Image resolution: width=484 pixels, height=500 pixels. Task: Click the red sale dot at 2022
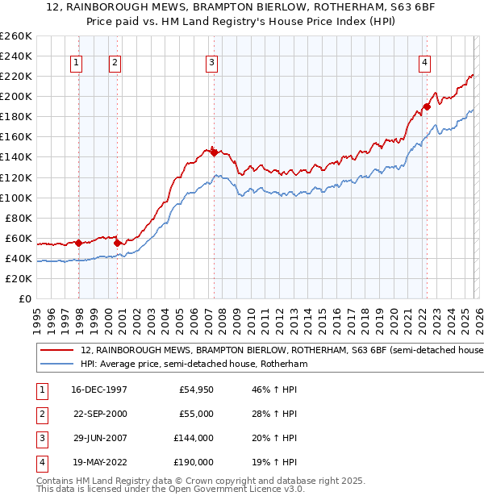point(428,106)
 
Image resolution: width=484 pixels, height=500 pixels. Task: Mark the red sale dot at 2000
point(118,243)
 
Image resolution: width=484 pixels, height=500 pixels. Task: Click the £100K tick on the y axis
point(16,198)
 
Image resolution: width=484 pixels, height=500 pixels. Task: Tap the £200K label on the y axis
point(16,96)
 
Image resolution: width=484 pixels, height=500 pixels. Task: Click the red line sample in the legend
point(56,351)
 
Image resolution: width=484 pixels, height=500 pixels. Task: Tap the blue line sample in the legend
point(56,365)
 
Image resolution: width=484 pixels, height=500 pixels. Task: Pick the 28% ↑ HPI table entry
point(275,415)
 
